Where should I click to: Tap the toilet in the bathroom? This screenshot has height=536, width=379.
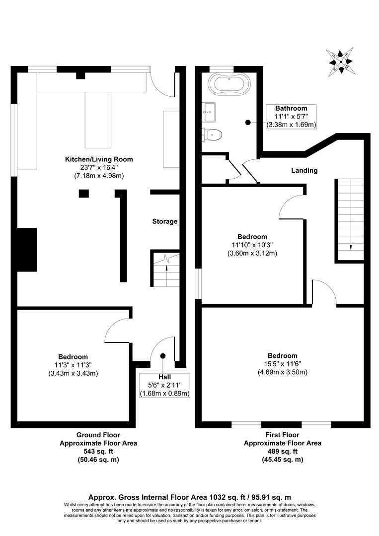tap(213, 134)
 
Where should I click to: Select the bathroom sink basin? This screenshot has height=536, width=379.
tap(209, 112)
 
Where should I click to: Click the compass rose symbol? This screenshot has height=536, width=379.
tap(340, 62)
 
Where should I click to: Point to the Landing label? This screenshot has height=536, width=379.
tap(304, 170)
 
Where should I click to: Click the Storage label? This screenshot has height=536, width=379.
tap(164, 221)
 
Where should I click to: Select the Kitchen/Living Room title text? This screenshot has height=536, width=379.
tap(99, 159)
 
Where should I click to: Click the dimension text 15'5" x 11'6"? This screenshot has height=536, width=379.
tap(282, 364)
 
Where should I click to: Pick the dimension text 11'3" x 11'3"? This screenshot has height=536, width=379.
tap(73, 365)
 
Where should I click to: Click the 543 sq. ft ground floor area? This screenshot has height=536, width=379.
tap(98, 452)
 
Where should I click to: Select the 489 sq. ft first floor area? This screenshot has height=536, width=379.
tap(282, 452)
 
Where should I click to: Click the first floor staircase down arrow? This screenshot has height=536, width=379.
tap(351, 247)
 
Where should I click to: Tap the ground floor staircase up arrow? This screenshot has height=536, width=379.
tap(166, 268)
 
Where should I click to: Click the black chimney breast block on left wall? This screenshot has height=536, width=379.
tap(27, 250)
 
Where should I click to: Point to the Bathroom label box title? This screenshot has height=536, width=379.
tap(291, 108)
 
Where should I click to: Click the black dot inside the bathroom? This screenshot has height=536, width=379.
tap(248, 122)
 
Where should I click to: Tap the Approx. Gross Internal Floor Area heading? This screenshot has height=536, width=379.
tap(189, 496)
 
